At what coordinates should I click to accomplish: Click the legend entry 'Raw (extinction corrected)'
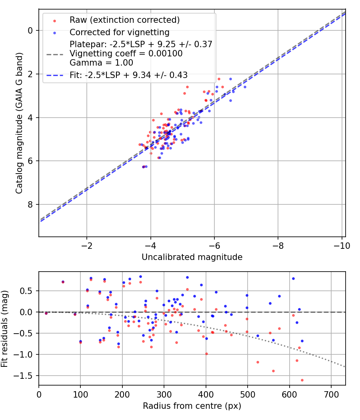[x=124, y=20]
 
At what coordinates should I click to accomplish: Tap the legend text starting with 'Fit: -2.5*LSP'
[x=128, y=75]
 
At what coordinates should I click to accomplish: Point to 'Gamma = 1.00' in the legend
[x=101, y=63]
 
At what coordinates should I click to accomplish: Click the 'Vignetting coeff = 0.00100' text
[x=126, y=54]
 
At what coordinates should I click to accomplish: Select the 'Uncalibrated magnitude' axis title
[x=192, y=257]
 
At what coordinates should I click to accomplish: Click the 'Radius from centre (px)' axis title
[x=192, y=406]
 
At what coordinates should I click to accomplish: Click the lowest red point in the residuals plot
[x=302, y=380]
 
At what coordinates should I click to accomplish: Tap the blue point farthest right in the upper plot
[x=245, y=87]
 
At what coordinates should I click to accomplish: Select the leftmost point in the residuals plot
[x=46, y=313]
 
